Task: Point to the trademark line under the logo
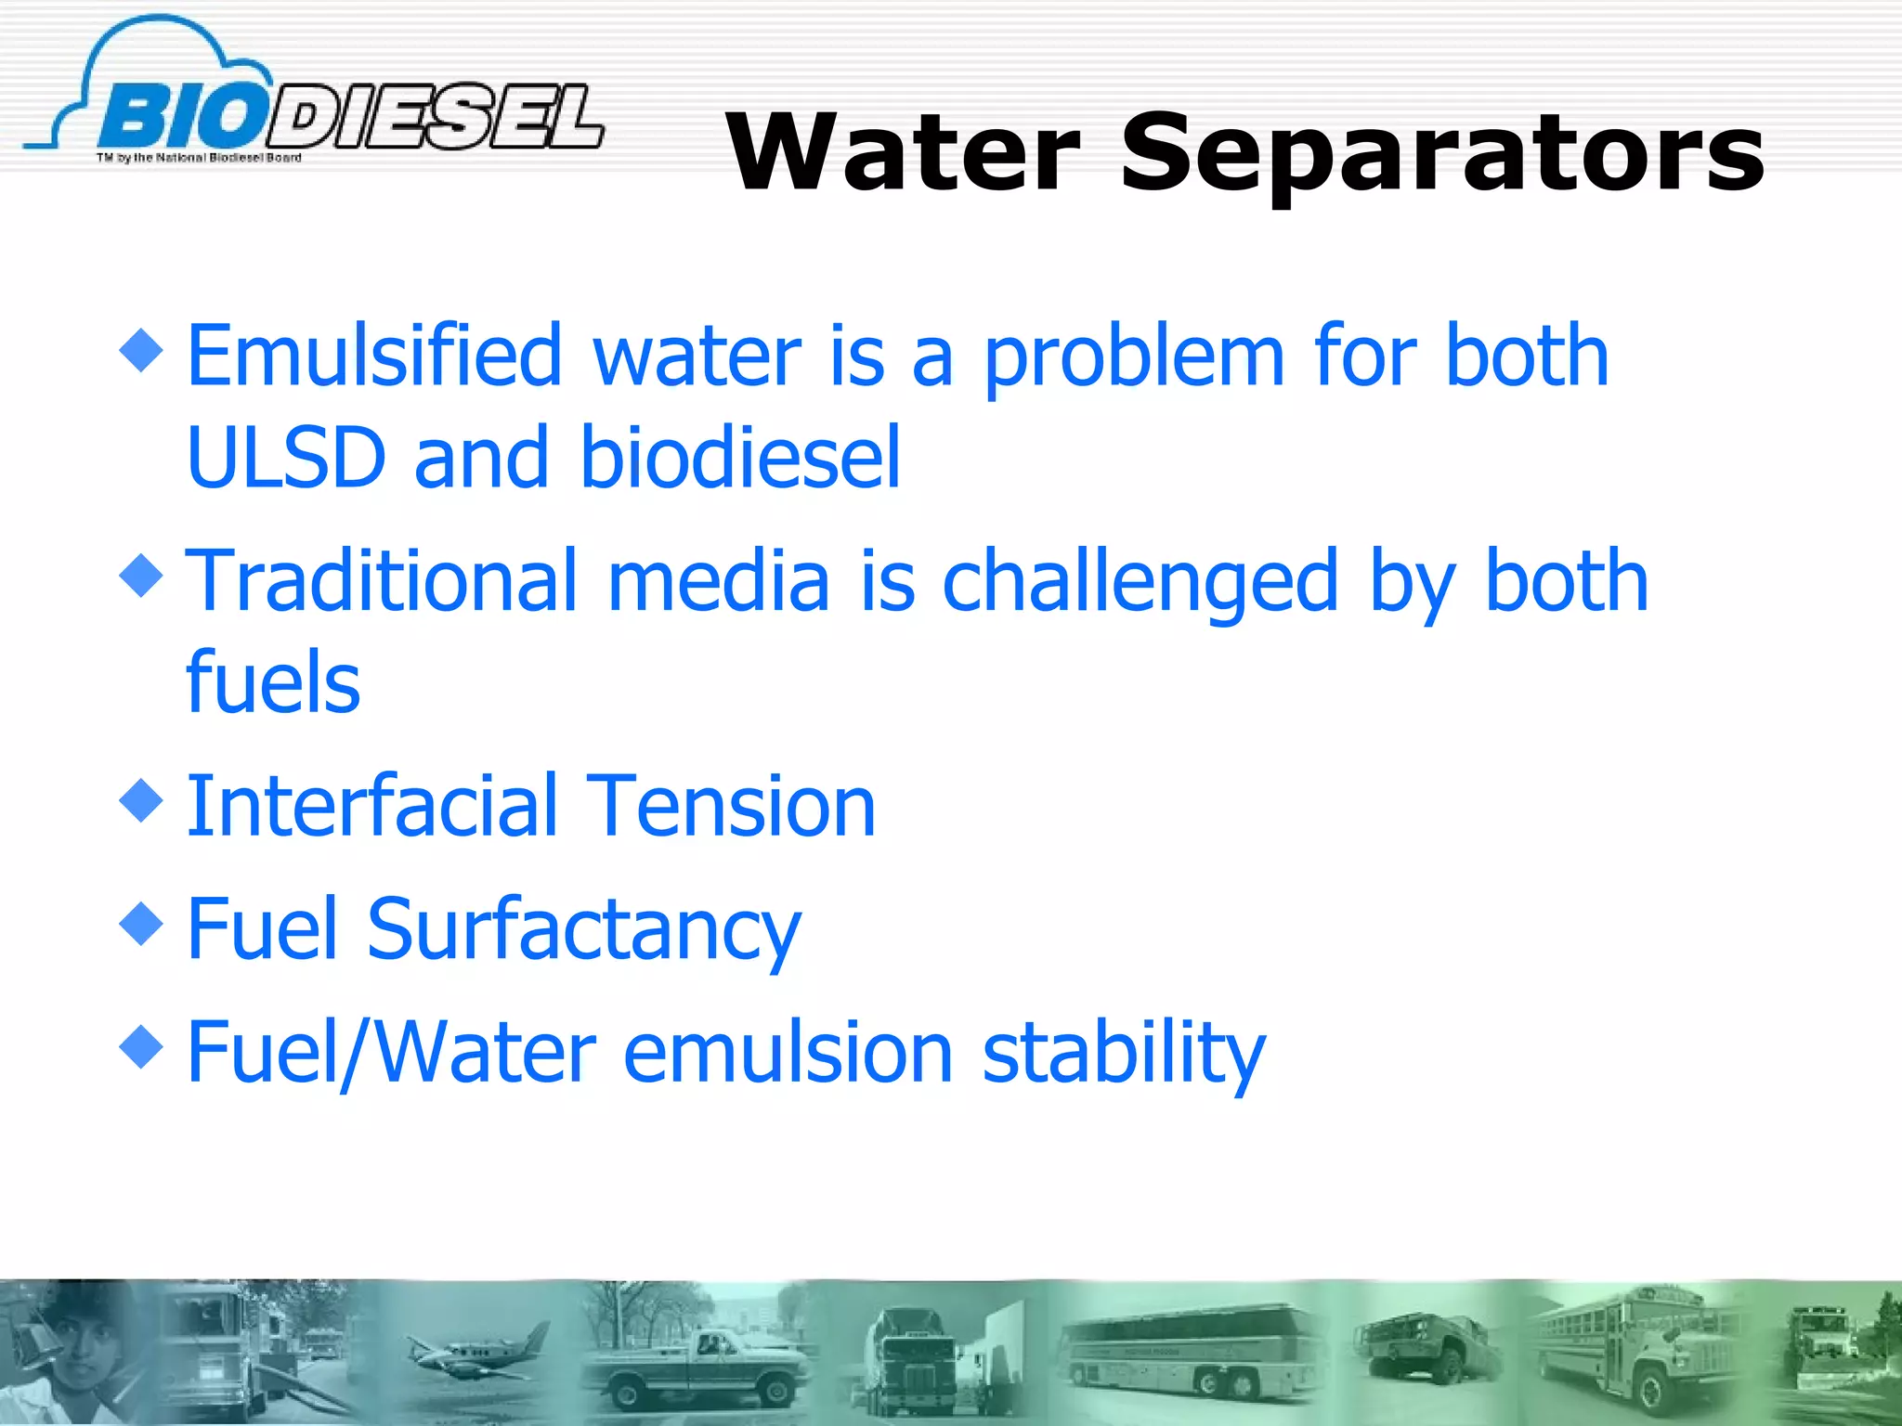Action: pos(199,158)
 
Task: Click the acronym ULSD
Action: pos(285,457)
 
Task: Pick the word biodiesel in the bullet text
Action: pos(740,457)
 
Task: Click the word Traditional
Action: pos(382,581)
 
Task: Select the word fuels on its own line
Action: pos(273,683)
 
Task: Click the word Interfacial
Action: pos(371,806)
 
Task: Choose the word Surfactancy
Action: pos(583,930)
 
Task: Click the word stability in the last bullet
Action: pos(1124,1055)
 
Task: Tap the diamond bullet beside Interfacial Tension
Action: pos(141,799)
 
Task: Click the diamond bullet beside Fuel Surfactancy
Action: pos(141,923)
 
